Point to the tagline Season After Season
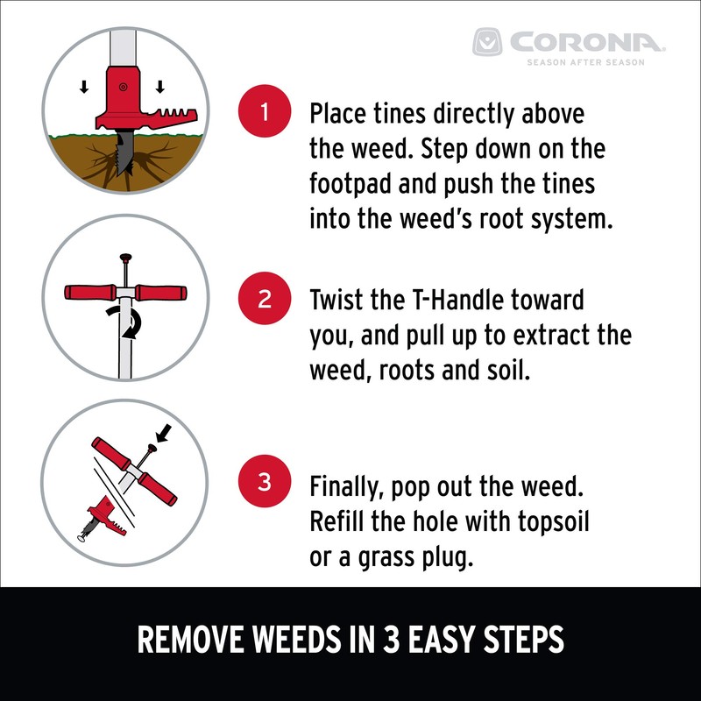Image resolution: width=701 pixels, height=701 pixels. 585,62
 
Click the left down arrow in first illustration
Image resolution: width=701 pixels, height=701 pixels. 84,87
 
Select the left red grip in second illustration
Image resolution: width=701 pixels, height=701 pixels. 90,294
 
